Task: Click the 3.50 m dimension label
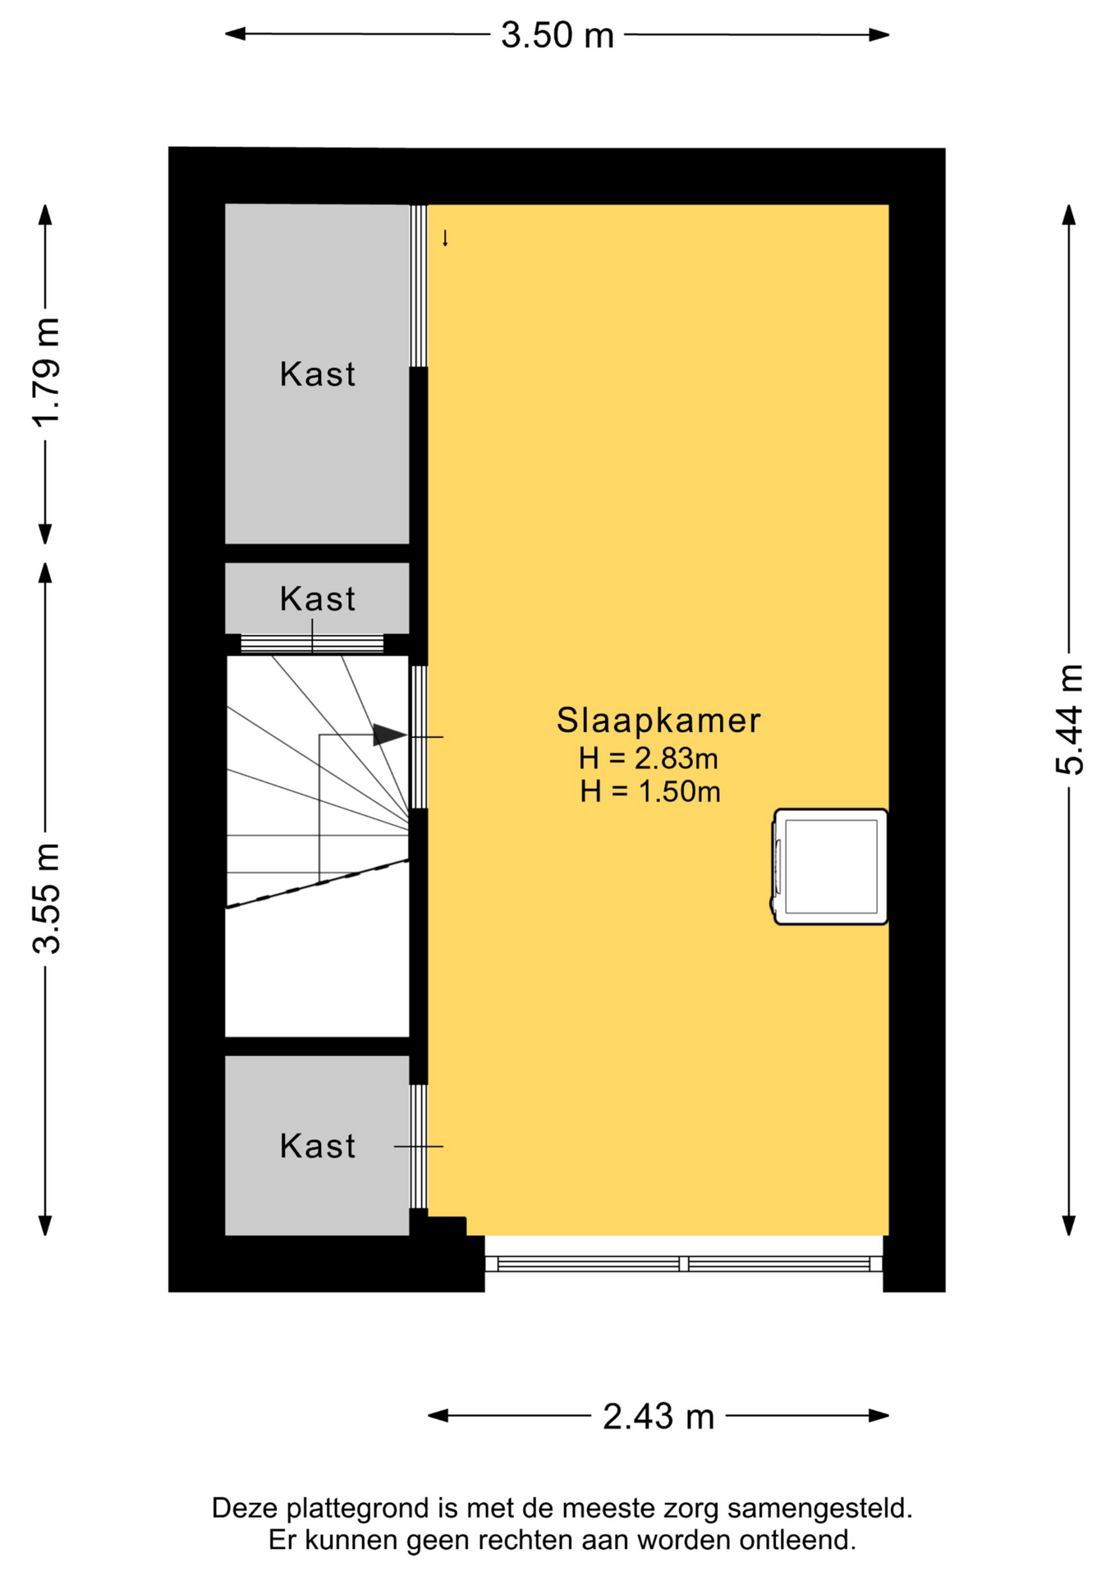[557, 35]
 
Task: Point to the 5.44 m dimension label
[1070, 720]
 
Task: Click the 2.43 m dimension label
[658, 1417]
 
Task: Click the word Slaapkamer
[658, 721]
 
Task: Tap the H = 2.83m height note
[649, 758]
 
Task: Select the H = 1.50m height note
[650, 791]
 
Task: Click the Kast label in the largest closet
[318, 374]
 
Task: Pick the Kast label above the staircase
[318, 599]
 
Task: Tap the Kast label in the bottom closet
[318, 1146]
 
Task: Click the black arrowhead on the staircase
[390, 735]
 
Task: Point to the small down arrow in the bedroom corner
[445, 238]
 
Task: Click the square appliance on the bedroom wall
[830, 867]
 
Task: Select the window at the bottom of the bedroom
[684, 1263]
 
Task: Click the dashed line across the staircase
[318, 883]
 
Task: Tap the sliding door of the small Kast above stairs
[312, 644]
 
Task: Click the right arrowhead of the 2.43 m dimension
[879, 1416]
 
